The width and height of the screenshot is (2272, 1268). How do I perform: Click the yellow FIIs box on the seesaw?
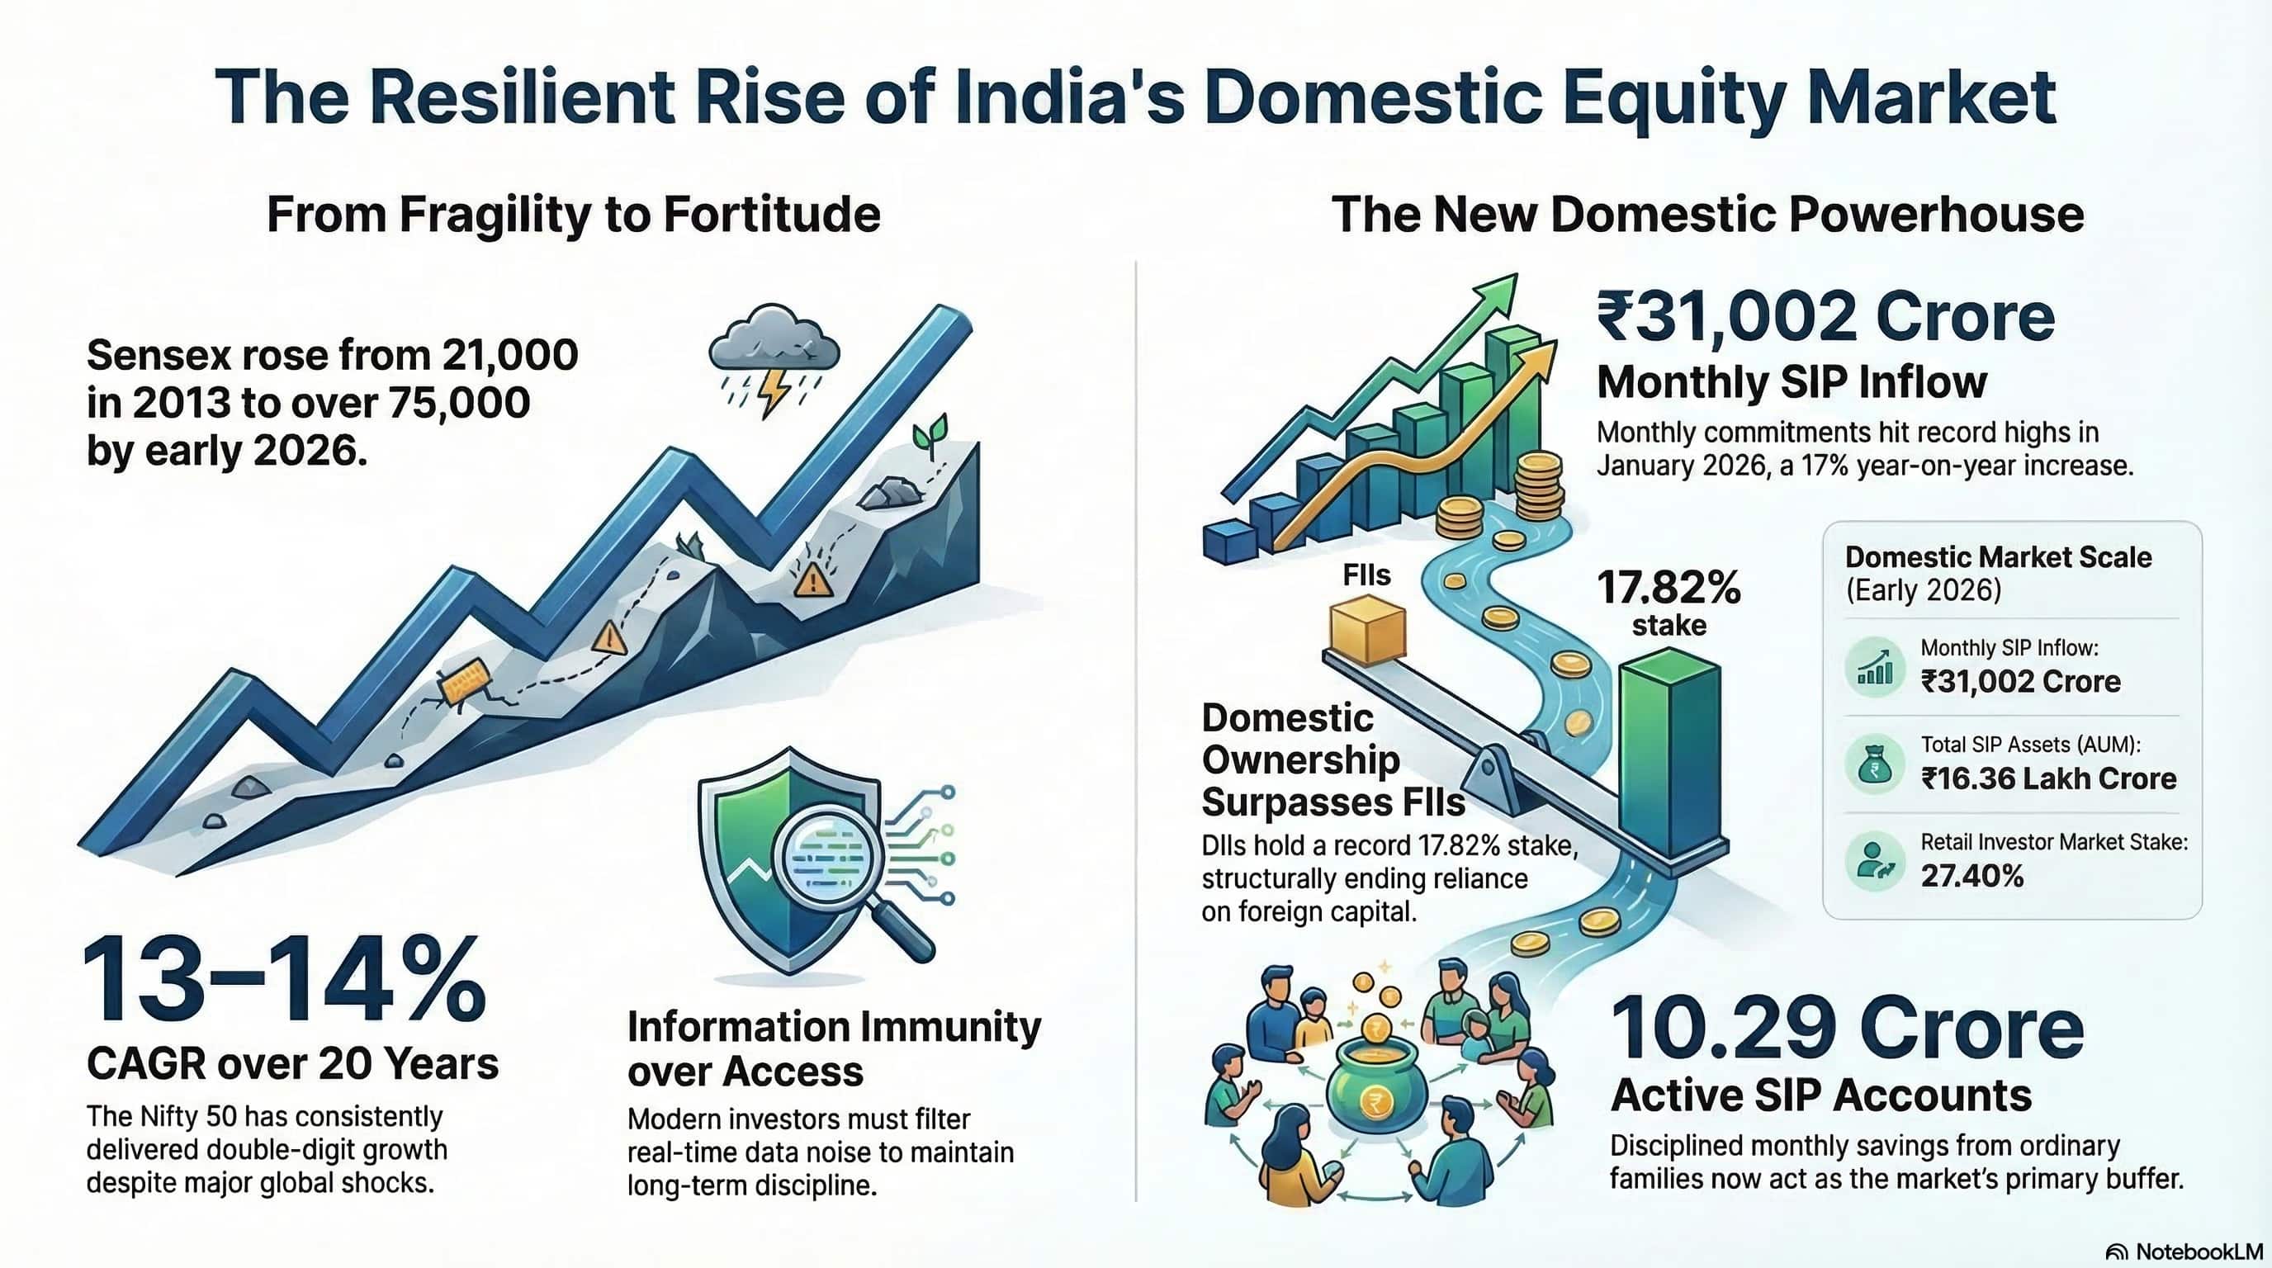(1367, 629)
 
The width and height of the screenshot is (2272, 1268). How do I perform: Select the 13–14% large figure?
(284, 981)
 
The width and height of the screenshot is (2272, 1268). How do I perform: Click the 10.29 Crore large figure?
(1847, 1030)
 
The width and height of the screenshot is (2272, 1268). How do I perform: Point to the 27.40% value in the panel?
(1972, 876)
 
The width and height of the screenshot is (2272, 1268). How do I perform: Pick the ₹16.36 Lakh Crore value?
(2048, 778)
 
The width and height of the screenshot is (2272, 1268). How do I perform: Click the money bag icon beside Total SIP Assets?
(1874, 765)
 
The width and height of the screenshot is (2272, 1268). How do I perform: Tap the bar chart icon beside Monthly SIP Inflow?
(1874, 668)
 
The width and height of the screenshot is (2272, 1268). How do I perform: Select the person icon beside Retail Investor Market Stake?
(1874, 861)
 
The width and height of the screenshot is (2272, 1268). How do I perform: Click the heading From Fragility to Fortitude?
(573, 215)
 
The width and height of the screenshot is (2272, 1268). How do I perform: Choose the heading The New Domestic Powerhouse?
(1707, 215)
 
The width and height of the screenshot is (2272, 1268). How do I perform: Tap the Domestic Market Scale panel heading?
(1998, 557)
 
